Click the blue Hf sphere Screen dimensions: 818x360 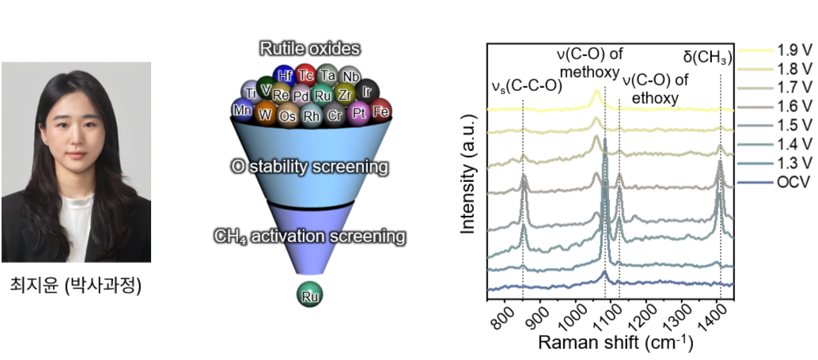(x=285, y=74)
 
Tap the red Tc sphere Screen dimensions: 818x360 (x=306, y=75)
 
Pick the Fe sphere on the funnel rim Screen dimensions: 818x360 (x=381, y=111)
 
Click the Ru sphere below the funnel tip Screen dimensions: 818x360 (x=310, y=295)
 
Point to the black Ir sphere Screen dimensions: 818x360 (x=367, y=92)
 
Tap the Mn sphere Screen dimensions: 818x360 (x=241, y=110)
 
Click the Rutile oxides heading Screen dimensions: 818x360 (x=310, y=49)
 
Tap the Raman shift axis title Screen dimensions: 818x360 (x=615, y=343)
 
